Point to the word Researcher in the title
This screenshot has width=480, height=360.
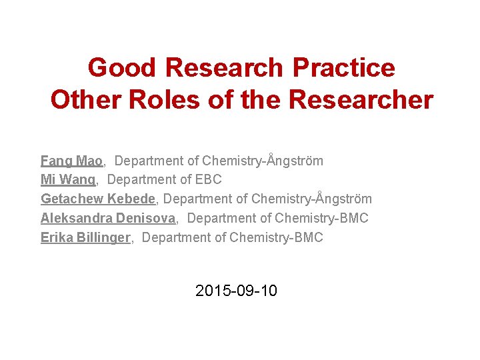361,100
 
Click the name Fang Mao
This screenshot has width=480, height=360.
71,161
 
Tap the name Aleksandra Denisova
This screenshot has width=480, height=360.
108,219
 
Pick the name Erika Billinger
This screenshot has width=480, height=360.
85,238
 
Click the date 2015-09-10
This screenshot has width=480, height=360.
237,291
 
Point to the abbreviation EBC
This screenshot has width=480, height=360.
208,180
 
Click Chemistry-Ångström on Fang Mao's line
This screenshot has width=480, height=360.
263,161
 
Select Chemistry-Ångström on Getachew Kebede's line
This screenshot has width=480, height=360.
311,199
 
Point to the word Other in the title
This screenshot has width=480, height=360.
83,100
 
